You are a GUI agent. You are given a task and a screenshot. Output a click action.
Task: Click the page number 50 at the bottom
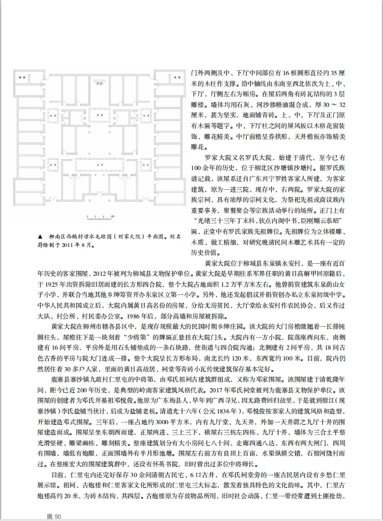click(x=58, y=516)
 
